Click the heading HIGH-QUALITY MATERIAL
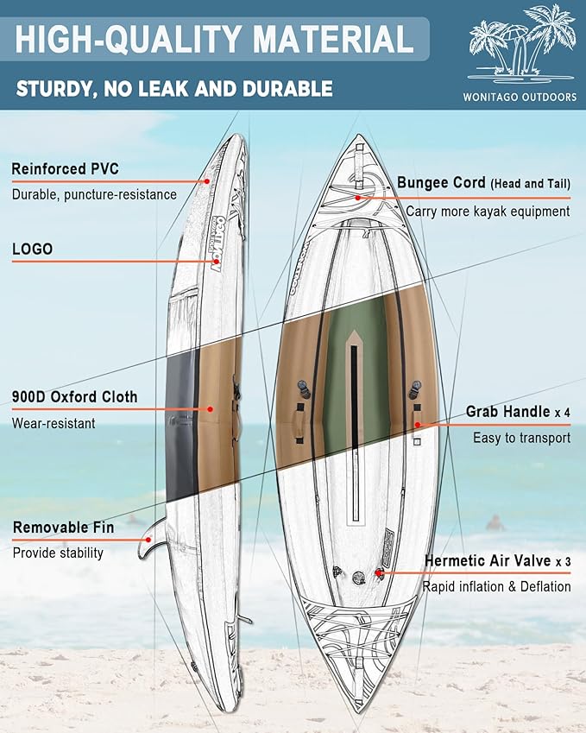click(214, 40)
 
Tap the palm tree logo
click(521, 45)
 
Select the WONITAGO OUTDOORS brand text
click(523, 98)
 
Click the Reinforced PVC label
click(66, 168)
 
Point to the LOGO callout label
click(32, 249)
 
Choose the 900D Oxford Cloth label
click(74, 397)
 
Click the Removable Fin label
click(63, 528)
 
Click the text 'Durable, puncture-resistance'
click(94, 194)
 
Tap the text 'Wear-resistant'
click(54, 423)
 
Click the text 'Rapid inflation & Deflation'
click(496, 586)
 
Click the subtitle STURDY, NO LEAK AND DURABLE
click(173, 88)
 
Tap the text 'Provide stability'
click(58, 553)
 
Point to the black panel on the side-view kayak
click(181, 423)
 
